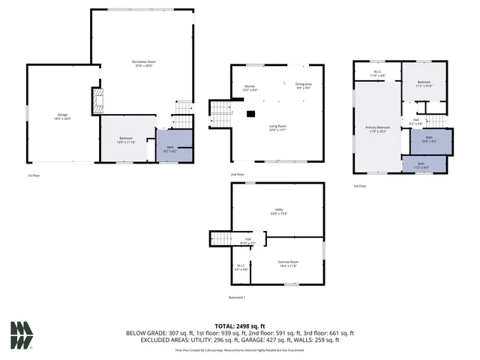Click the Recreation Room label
click(143, 61)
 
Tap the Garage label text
click(63, 115)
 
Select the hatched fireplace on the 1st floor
click(96, 101)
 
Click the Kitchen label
click(250, 87)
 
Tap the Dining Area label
click(304, 85)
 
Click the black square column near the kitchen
click(251, 114)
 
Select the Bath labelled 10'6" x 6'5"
click(429, 138)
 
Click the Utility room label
click(277, 210)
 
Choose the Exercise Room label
click(289, 262)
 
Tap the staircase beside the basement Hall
click(219, 239)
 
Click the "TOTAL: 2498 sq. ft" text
click(239, 326)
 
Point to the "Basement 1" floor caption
click(238, 298)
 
